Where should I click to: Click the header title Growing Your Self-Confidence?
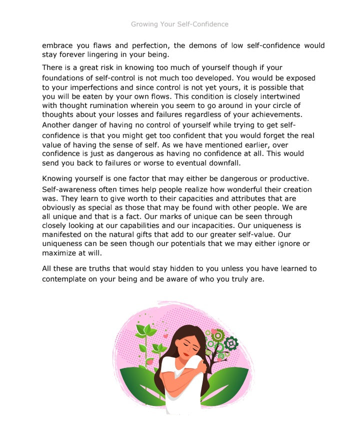(x=179, y=24)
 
